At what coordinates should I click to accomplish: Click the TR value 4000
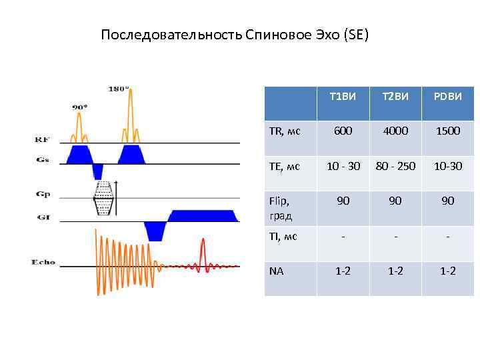pos(395,131)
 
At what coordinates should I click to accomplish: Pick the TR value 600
pos(343,131)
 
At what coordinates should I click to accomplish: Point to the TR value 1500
pos(448,131)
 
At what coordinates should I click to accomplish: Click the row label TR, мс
pos(285,131)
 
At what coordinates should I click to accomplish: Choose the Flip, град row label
pos(281,207)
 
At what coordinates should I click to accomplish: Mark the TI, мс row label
pos(283,237)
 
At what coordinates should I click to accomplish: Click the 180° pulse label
pos(119,88)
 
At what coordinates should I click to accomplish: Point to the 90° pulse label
pos(80,106)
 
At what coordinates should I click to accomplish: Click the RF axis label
pos(42,139)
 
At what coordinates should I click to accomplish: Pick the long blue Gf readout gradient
pos(203,215)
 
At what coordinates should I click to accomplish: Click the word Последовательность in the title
pos(171,35)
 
